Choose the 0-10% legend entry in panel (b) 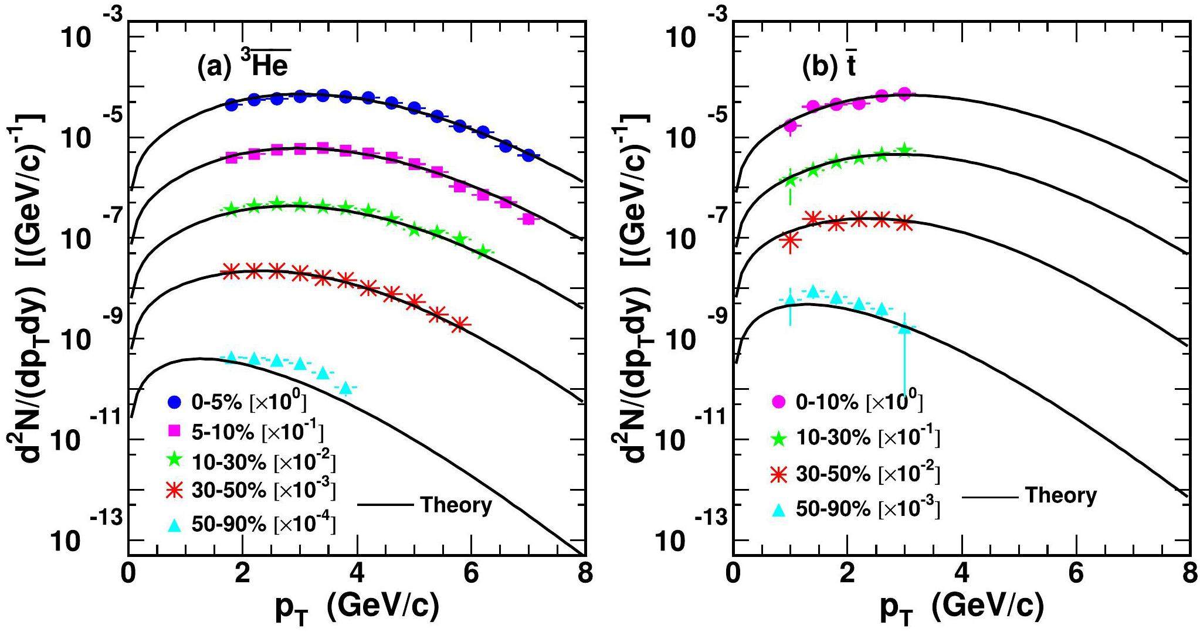[x=848, y=402]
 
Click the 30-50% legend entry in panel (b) [x=856, y=474]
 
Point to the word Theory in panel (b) [x=1061, y=496]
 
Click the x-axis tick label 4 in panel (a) [x=357, y=574]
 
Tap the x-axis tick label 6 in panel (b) [x=1075, y=574]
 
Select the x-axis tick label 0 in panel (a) [x=128, y=574]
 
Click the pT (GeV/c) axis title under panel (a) [x=357, y=609]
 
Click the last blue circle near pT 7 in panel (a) [x=528, y=155]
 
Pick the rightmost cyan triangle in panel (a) [x=345, y=388]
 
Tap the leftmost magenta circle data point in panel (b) [x=790, y=125]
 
